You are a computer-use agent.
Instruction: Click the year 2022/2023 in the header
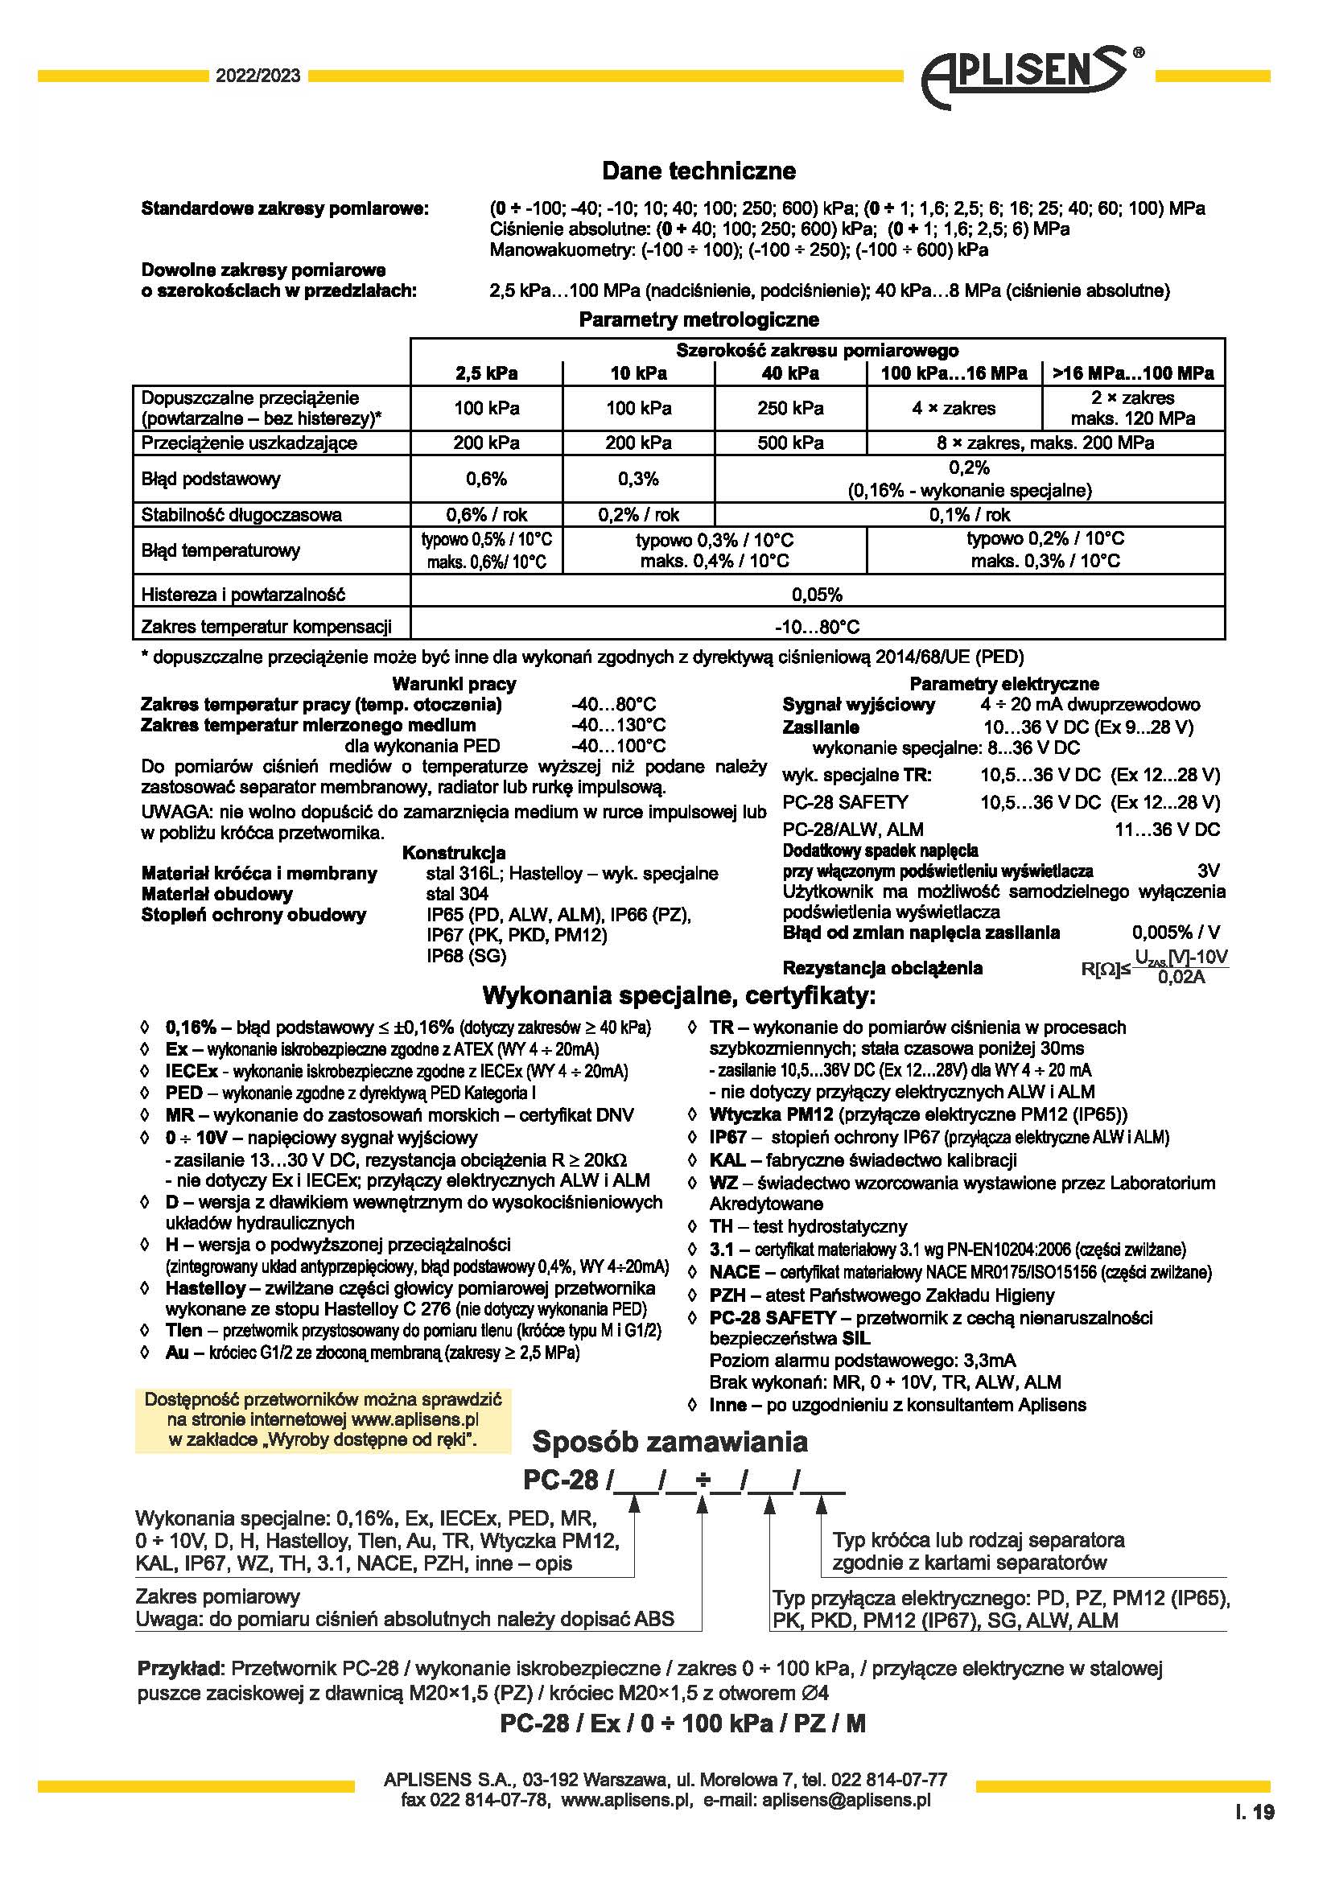click(258, 76)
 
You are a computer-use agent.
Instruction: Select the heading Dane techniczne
click(698, 171)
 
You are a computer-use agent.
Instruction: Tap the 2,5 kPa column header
click(486, 374)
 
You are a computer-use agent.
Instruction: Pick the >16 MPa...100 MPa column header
click(1133, 374)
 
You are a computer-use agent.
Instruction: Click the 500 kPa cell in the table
click(790, 443)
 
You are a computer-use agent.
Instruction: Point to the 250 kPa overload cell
click(790, 408)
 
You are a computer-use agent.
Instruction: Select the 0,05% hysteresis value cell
click(816, 595)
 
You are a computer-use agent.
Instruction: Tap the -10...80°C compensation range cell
click(816, 627)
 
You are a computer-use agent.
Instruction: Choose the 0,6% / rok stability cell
click(486, 515)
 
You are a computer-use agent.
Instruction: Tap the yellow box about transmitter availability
click(323, 1419)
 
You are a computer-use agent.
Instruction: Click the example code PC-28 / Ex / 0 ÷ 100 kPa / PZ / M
click(682, 1723)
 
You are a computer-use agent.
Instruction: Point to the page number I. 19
click(1254, 1811)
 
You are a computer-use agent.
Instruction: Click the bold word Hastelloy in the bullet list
click(205, 1287)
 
